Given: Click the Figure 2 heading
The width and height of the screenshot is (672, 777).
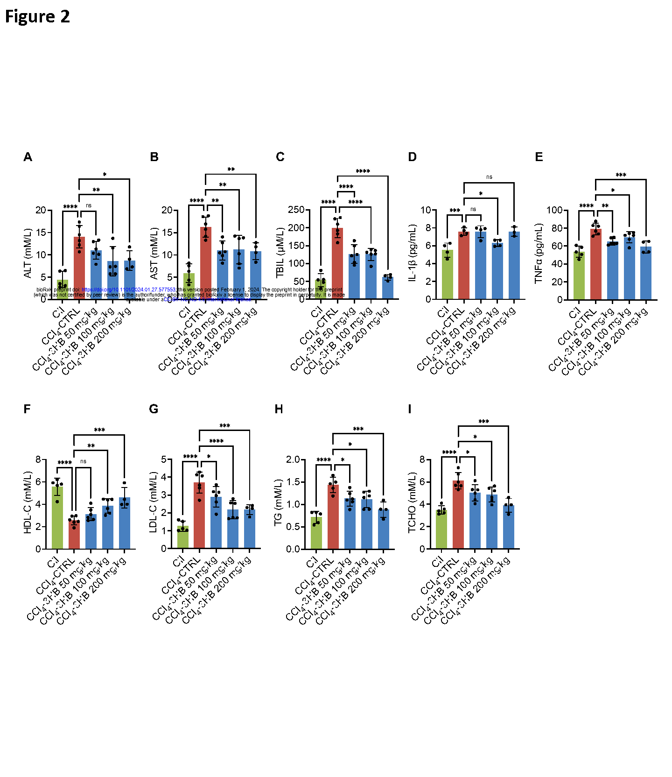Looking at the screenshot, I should [37, 17].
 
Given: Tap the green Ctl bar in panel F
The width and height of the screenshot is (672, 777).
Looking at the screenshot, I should [57, 518].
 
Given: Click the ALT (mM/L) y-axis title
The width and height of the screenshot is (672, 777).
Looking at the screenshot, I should [28, 253].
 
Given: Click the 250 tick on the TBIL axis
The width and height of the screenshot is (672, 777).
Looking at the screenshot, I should [296, 210].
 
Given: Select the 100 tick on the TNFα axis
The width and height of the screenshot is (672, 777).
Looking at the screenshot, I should [554, 210].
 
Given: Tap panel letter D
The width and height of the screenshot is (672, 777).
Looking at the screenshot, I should [412, 157].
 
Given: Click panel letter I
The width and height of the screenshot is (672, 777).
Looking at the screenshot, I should [410, 410].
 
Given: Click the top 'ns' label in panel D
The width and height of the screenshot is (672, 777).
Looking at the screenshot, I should [489, 177].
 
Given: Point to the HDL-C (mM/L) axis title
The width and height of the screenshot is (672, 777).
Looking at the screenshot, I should [28, 502].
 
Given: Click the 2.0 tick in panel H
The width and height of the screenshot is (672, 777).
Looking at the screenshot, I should [293, 459].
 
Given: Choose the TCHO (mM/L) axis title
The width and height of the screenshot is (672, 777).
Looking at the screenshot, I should [412, 502].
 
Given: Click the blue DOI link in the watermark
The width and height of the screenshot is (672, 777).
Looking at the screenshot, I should [128, 290].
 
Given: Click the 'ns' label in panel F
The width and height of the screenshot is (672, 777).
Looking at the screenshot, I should [83, 461].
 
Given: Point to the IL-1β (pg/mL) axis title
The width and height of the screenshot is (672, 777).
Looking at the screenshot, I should [412, 253].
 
